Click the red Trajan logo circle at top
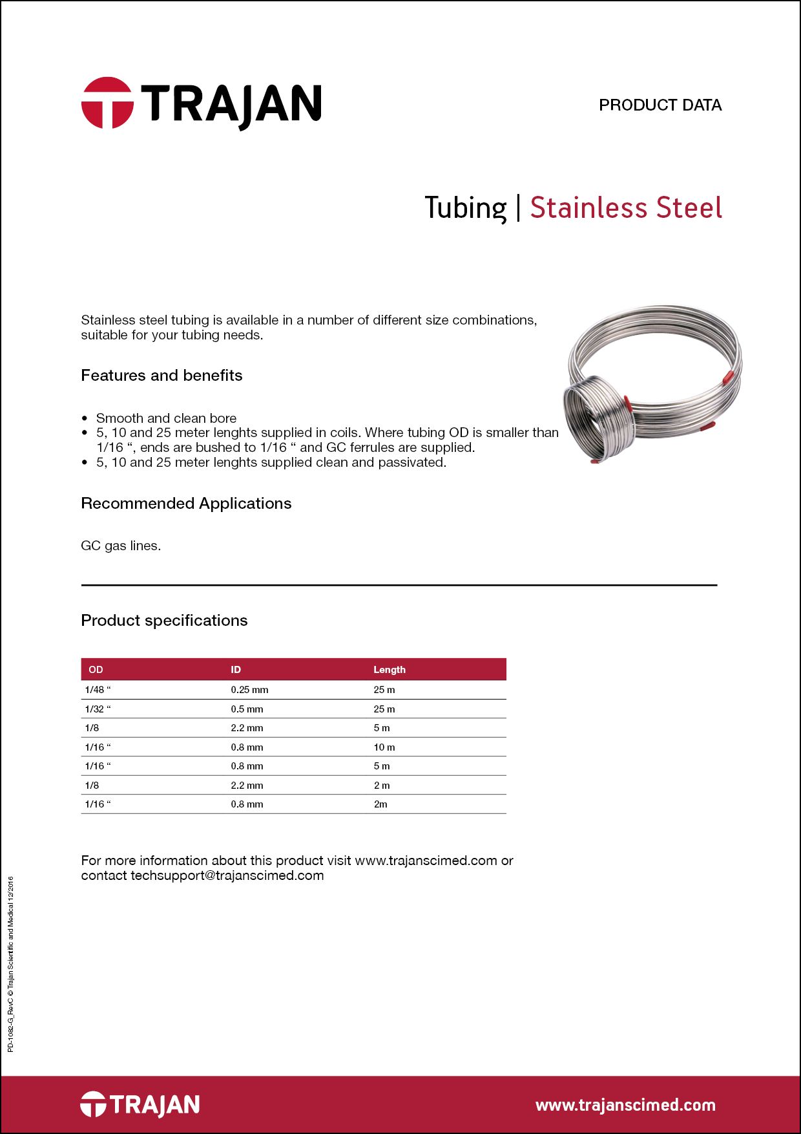pos(107,103)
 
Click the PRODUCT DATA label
pos(660,105)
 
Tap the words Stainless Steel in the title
pos(625,208)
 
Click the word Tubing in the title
pos(465,208)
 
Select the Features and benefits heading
pos(161,376)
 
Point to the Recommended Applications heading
pos(186,504)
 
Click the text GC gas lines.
pos(121,546)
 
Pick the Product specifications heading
pos(164,621)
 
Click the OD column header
pos(96,670)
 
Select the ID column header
pos(236,670)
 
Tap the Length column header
pos(390,670)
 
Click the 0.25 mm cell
pos(249,690)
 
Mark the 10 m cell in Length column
pos(384,747)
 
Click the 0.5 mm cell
pos(247,709)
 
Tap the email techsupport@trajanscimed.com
pos(227,876)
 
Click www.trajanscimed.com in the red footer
pos(625,1105)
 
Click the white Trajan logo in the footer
pos(140,1104)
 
